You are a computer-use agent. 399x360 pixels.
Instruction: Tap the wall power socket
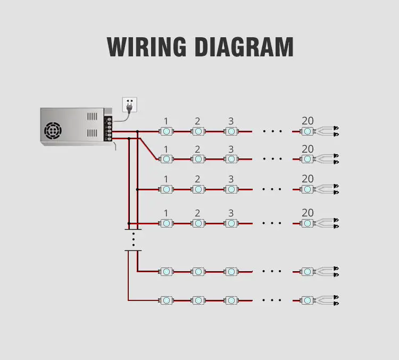[130, 105]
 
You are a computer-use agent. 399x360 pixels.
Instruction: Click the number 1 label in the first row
[166, 121]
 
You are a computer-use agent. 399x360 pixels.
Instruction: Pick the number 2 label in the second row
[197, 149]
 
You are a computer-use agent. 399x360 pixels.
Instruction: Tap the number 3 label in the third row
[231, 179]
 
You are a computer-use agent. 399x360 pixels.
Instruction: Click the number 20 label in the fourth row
[307, 213]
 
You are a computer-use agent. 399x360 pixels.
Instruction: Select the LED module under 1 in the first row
[167, 131]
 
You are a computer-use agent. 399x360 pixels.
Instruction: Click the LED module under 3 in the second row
[231, 158]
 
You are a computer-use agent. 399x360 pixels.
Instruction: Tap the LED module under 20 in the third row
[307, 189]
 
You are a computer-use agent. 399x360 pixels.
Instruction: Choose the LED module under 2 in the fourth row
[198, 223]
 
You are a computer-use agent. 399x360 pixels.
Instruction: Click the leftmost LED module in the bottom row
[167, 300]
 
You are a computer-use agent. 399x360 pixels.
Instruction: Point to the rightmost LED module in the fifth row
[307, 272]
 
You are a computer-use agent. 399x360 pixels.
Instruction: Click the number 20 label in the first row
[307, 121]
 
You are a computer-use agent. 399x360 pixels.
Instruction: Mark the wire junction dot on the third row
[137, 189]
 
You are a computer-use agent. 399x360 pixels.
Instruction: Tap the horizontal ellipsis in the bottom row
[272, 300]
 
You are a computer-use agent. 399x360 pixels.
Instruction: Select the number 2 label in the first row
[197, 121]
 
